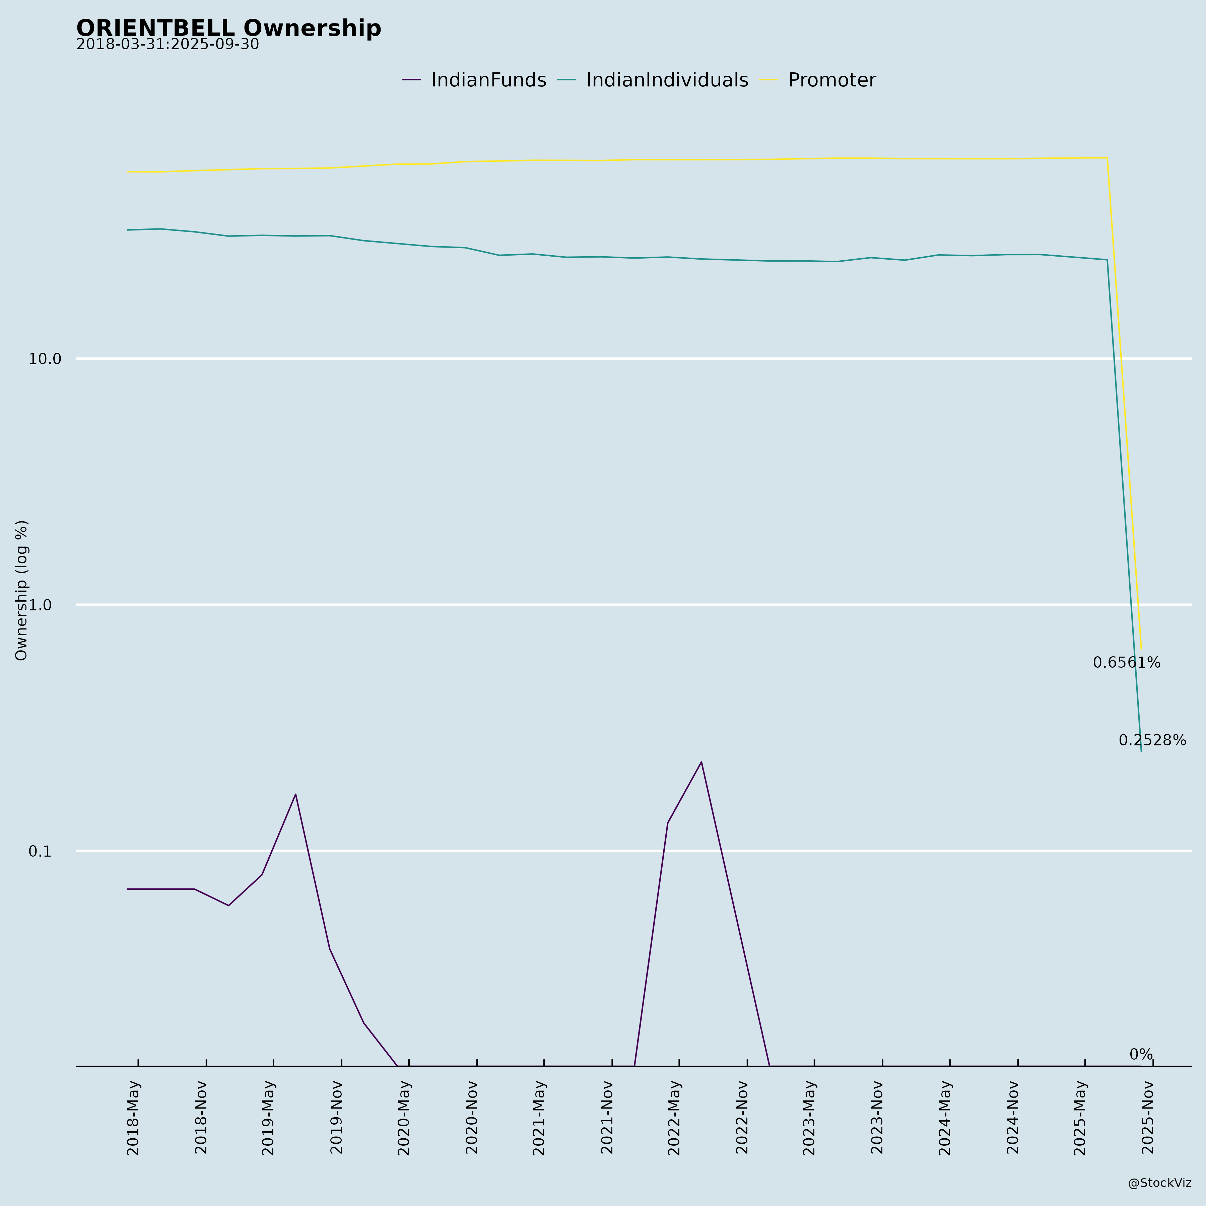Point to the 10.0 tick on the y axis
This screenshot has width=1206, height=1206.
45,359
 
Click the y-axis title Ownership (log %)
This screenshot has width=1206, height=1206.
22,590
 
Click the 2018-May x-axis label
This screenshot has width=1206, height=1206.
134,1117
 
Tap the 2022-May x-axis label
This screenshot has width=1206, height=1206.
674,1117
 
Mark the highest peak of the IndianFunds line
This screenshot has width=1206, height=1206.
701,762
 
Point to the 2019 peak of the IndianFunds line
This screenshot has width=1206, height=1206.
295,795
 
